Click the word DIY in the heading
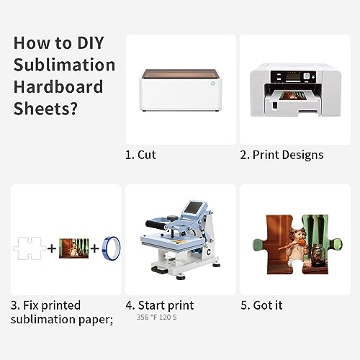tap(98, 42)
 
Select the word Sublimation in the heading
tap(64, 65)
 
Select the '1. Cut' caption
tap(141, 155)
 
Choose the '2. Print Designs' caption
tap(282, 155)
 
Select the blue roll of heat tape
tap(104, 248)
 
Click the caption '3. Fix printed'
tap(46, 305)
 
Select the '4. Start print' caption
tap(159, 305)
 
